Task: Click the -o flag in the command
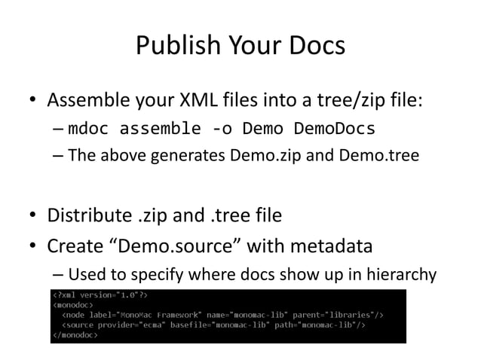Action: (x=222, y=129)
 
